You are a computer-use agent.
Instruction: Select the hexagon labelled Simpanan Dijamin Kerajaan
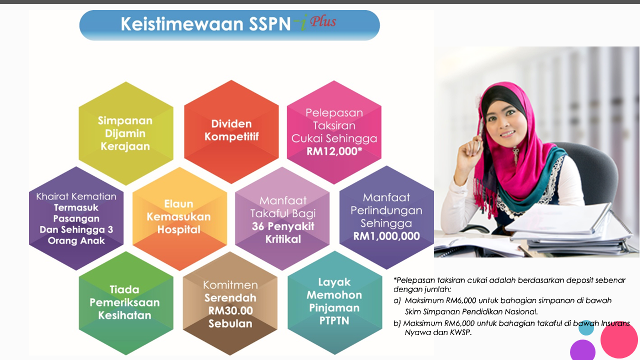[x=125, y=133]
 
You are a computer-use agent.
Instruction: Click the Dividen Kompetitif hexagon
[x=231, y=129]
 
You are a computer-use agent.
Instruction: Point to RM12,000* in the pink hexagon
[x=334, y=151]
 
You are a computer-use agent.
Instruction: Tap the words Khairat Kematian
[x=76, y=196]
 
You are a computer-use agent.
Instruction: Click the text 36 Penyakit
[x=282, y=226]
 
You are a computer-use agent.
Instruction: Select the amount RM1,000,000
[x=386, y=236]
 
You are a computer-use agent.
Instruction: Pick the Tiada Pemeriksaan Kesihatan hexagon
[x=125, y=302]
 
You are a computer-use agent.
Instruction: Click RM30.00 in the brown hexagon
[x=230, y=310]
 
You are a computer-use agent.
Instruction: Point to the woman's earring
[x=515, y=152]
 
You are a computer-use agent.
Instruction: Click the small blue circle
[x=586, y=328]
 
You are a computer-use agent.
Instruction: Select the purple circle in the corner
[x=582, y=350]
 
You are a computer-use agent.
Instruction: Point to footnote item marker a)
[x=397, y=300]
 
